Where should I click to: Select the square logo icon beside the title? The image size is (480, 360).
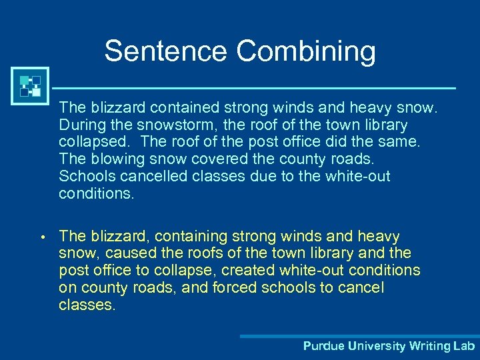tap(30, 86)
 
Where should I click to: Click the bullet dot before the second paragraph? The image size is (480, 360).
tap(41, 237)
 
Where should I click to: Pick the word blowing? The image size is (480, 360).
tap(120, 159)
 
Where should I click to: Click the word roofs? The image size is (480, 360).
tap(202, 253)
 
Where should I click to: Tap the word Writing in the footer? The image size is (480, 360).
tap(430, 346)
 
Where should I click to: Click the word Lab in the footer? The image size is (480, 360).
tap(464, 346)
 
